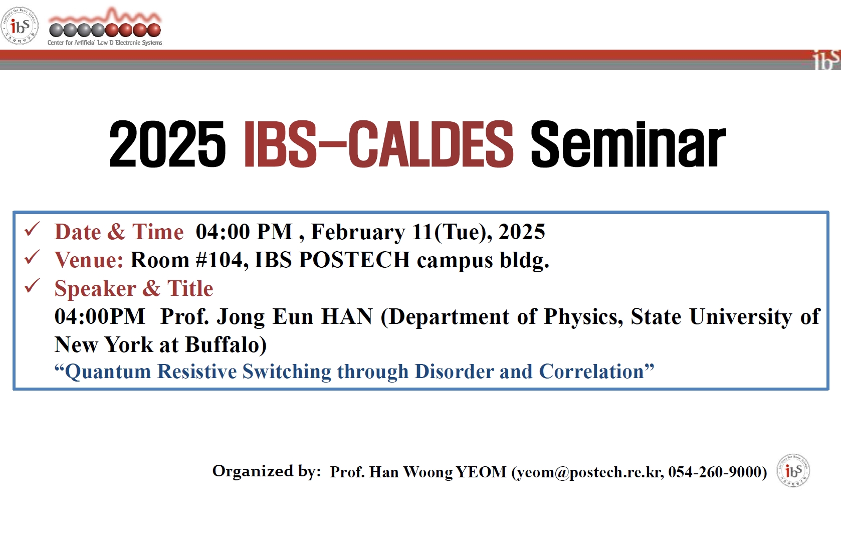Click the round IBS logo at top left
20,26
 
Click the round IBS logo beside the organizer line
793,470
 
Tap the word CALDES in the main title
431,144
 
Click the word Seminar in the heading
628,144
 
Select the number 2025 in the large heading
167,144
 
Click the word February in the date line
358,232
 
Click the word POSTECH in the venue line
354,260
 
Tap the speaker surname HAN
347,316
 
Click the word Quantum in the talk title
108,372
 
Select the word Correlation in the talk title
592,371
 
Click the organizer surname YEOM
481,472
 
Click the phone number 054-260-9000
715,472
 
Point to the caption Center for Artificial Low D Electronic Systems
105,43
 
